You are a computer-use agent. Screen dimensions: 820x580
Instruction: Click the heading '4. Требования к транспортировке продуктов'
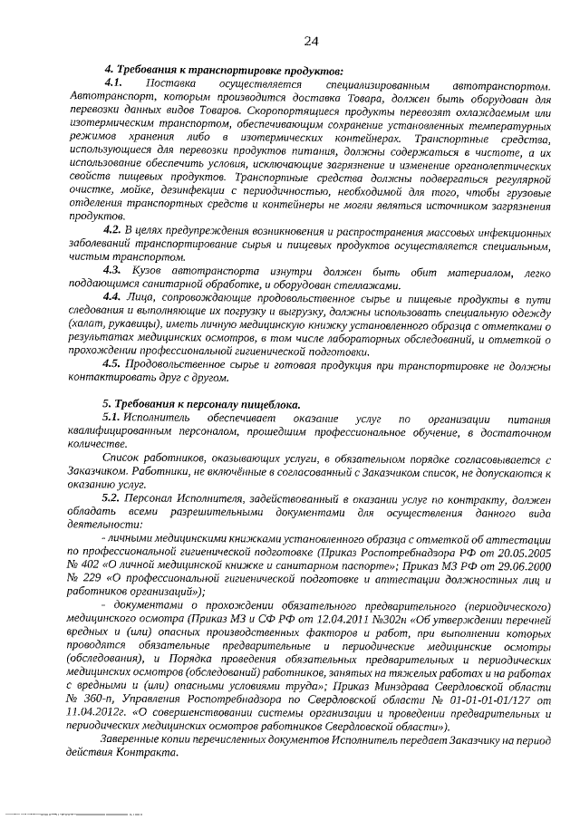[x=224, y=71]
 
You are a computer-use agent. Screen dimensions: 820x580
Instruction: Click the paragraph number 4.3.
[x=113, y=271]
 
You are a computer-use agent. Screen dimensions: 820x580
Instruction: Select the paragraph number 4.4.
[x=113, y=297]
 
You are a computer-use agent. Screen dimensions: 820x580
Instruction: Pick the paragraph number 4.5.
[x=113, y=363]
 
